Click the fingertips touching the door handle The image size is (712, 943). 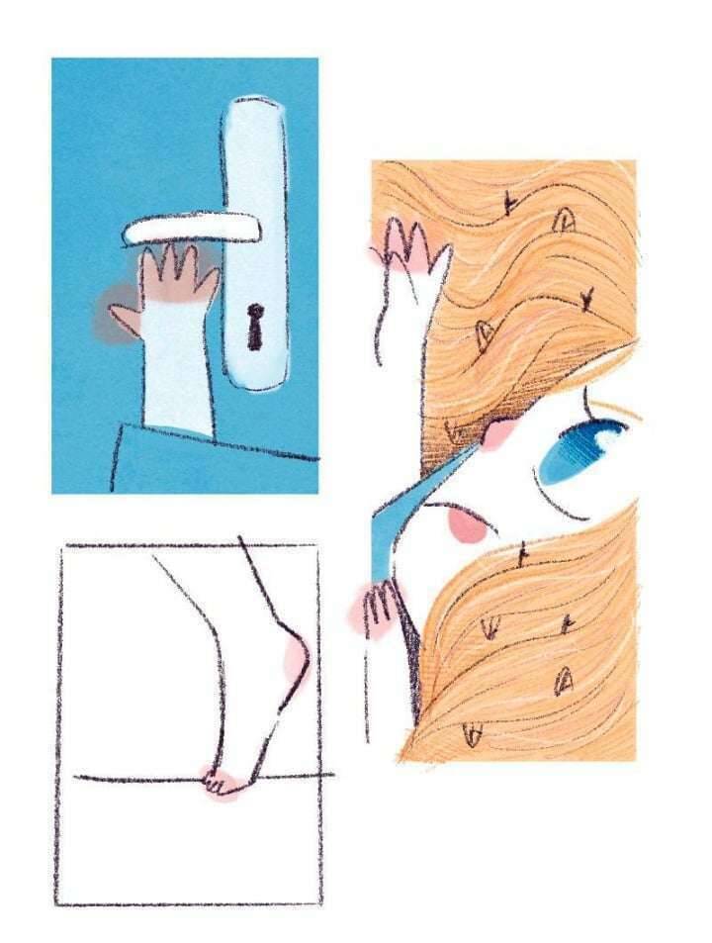pos(178,262)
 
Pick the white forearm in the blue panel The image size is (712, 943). pos(179,366)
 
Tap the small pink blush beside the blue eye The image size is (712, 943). pos(500,433)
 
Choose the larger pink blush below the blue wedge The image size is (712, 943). pos(465,525)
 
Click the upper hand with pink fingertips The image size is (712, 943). pos(407,247)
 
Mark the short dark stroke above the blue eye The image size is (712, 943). pos(587,404)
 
